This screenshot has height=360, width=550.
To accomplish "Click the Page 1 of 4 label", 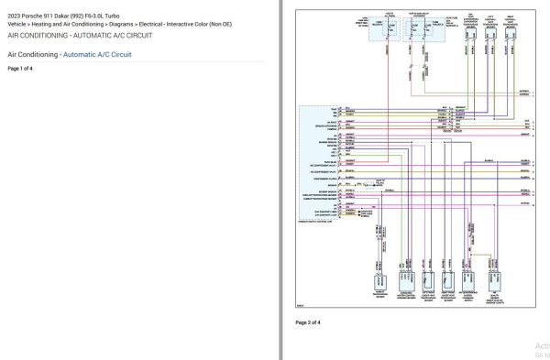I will pyautogui.click(x=20, y=69).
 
